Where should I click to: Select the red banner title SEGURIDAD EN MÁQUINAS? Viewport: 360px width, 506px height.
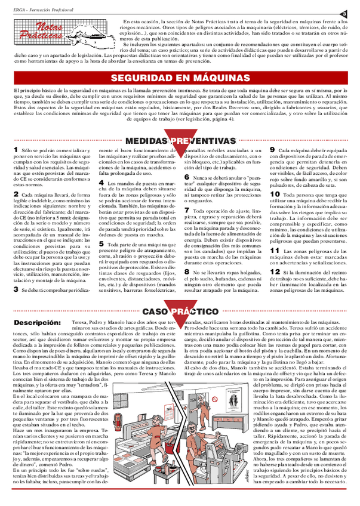pos(180,79)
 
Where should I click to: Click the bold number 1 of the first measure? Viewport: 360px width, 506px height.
pos(16,150)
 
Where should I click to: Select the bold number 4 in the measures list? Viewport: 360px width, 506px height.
pos(101,183)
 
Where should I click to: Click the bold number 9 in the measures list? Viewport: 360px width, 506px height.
pos(273,150)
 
